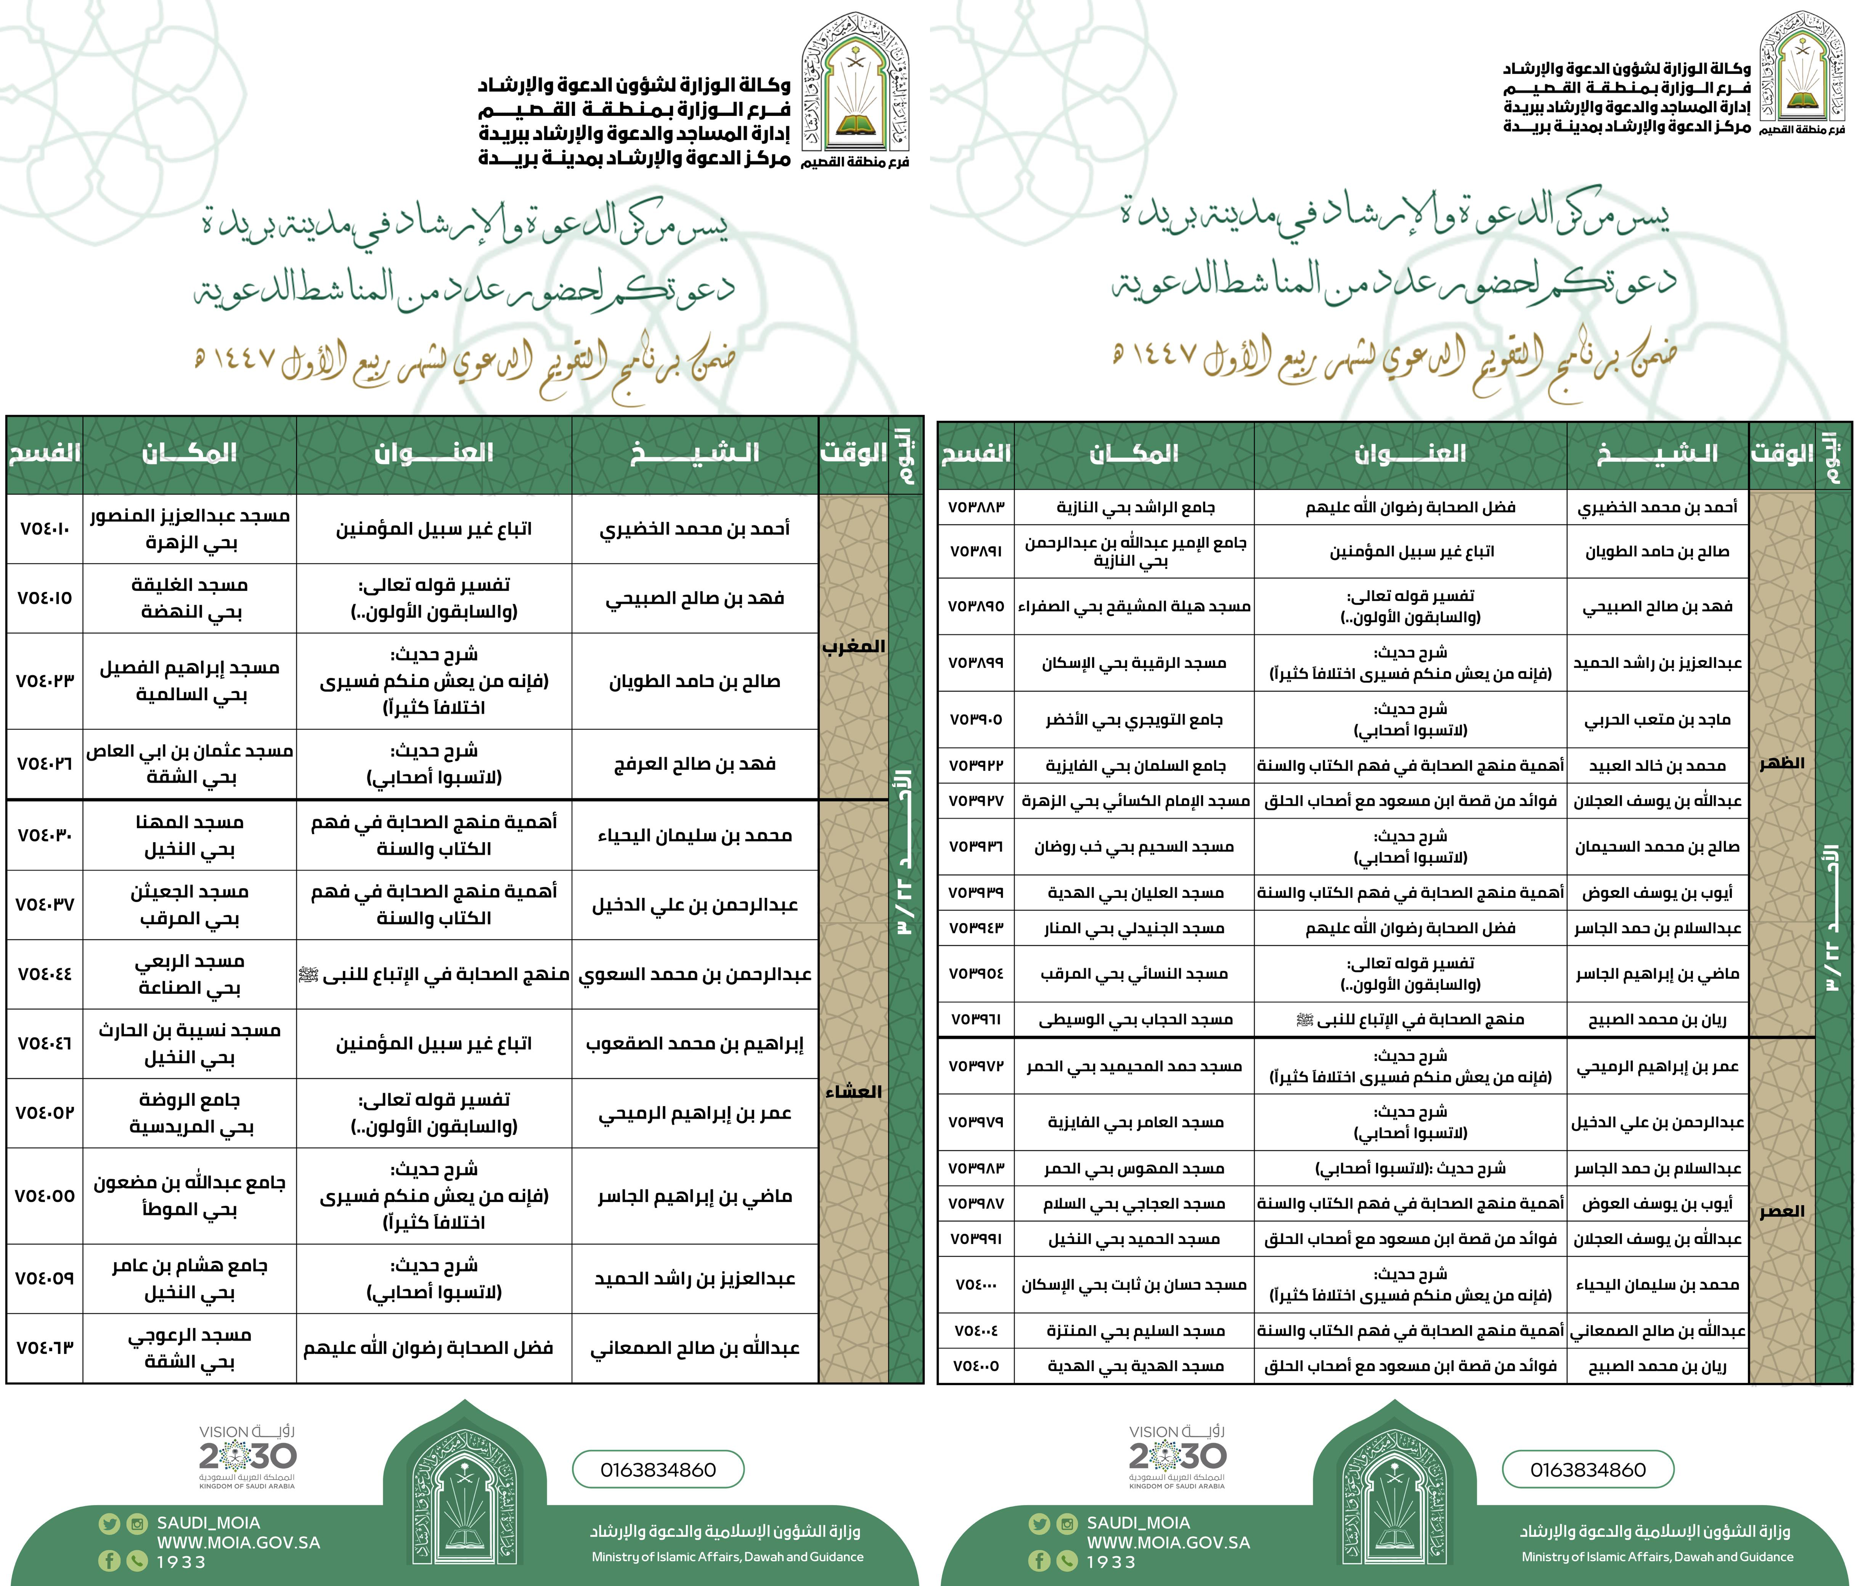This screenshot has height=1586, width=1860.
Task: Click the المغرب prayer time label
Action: [853, 646]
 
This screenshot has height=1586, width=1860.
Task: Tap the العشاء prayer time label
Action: [853, 1092]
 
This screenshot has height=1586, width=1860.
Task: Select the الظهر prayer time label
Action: [1781, 763]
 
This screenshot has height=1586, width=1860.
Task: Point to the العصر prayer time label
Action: [1781, 1212]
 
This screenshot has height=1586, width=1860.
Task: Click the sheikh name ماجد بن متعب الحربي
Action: [1657, 720]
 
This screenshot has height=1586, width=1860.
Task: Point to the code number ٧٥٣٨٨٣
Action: [976, 507]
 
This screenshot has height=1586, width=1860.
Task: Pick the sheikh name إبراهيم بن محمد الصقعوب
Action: [695, 1044]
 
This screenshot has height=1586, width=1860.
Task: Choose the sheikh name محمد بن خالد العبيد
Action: [1657, 766]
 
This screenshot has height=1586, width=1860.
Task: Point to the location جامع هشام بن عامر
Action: [190, 1267]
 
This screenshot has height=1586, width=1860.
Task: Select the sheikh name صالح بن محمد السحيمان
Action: [1657, 846]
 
